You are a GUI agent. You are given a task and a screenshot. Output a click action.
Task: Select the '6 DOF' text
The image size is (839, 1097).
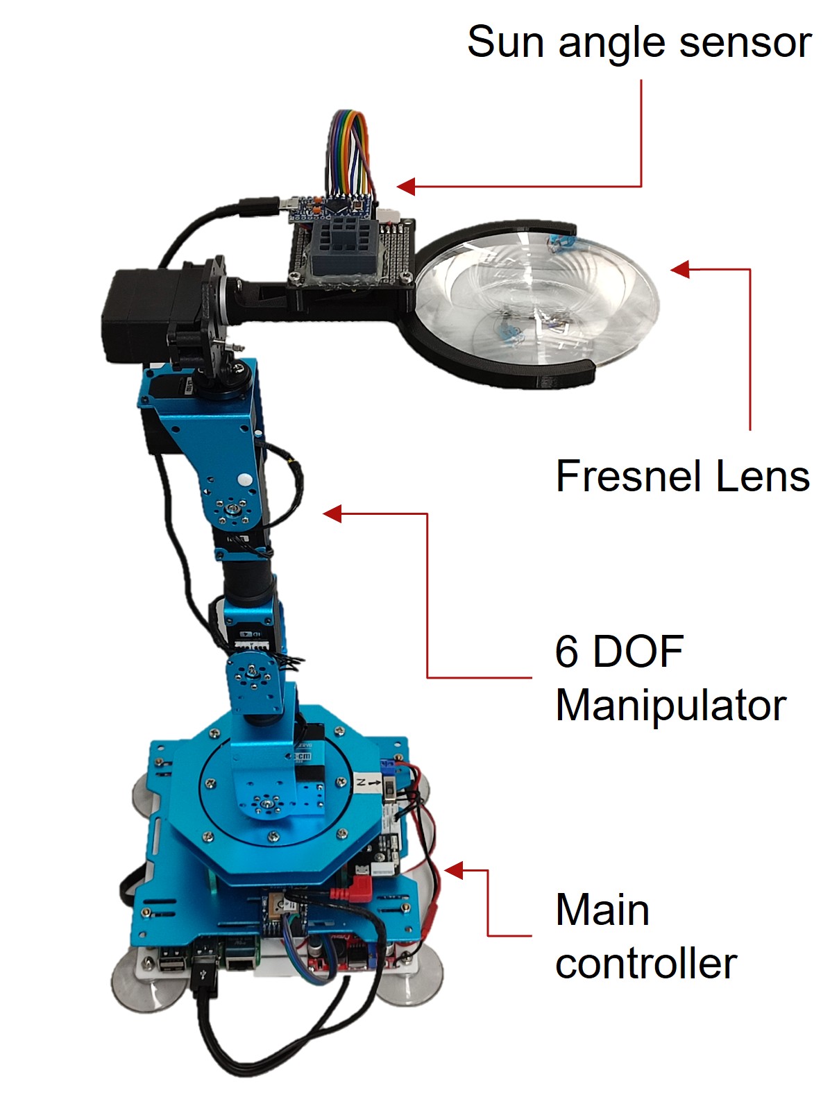click(619, 652)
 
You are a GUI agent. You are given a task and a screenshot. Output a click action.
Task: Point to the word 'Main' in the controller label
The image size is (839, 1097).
click(602, 910)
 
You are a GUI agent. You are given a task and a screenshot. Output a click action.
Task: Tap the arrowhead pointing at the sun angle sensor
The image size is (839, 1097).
click(406, 187)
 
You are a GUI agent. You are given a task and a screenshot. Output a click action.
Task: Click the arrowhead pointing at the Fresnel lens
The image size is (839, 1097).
click(679, 269)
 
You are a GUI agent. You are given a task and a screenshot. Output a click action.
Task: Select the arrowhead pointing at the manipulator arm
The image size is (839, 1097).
click(332, 513)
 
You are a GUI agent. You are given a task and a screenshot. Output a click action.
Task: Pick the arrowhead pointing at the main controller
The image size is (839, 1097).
click(453, 870)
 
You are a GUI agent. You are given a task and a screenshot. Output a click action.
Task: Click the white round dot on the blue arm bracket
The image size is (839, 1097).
click(246, 479)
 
